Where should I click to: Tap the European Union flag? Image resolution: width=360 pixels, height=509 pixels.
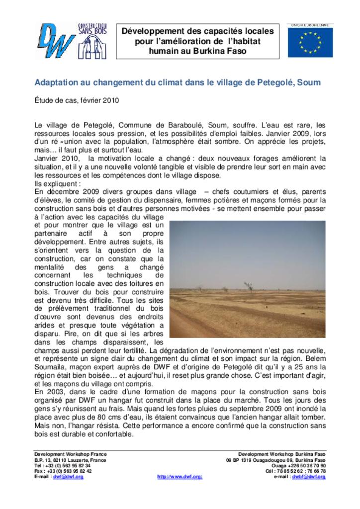pyautogui.click(x=310, y=41)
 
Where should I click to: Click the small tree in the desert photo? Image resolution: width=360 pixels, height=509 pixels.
pyautogui.click(x=247, y=286)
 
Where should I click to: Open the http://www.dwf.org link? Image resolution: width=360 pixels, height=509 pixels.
pyautogui.click(x=180, y=477)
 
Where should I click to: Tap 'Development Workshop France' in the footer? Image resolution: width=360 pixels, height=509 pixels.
pyautogui.click(x=70, y=454)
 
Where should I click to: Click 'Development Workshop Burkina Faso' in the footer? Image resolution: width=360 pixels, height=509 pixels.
pyautogui.click(x=282, y=454)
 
